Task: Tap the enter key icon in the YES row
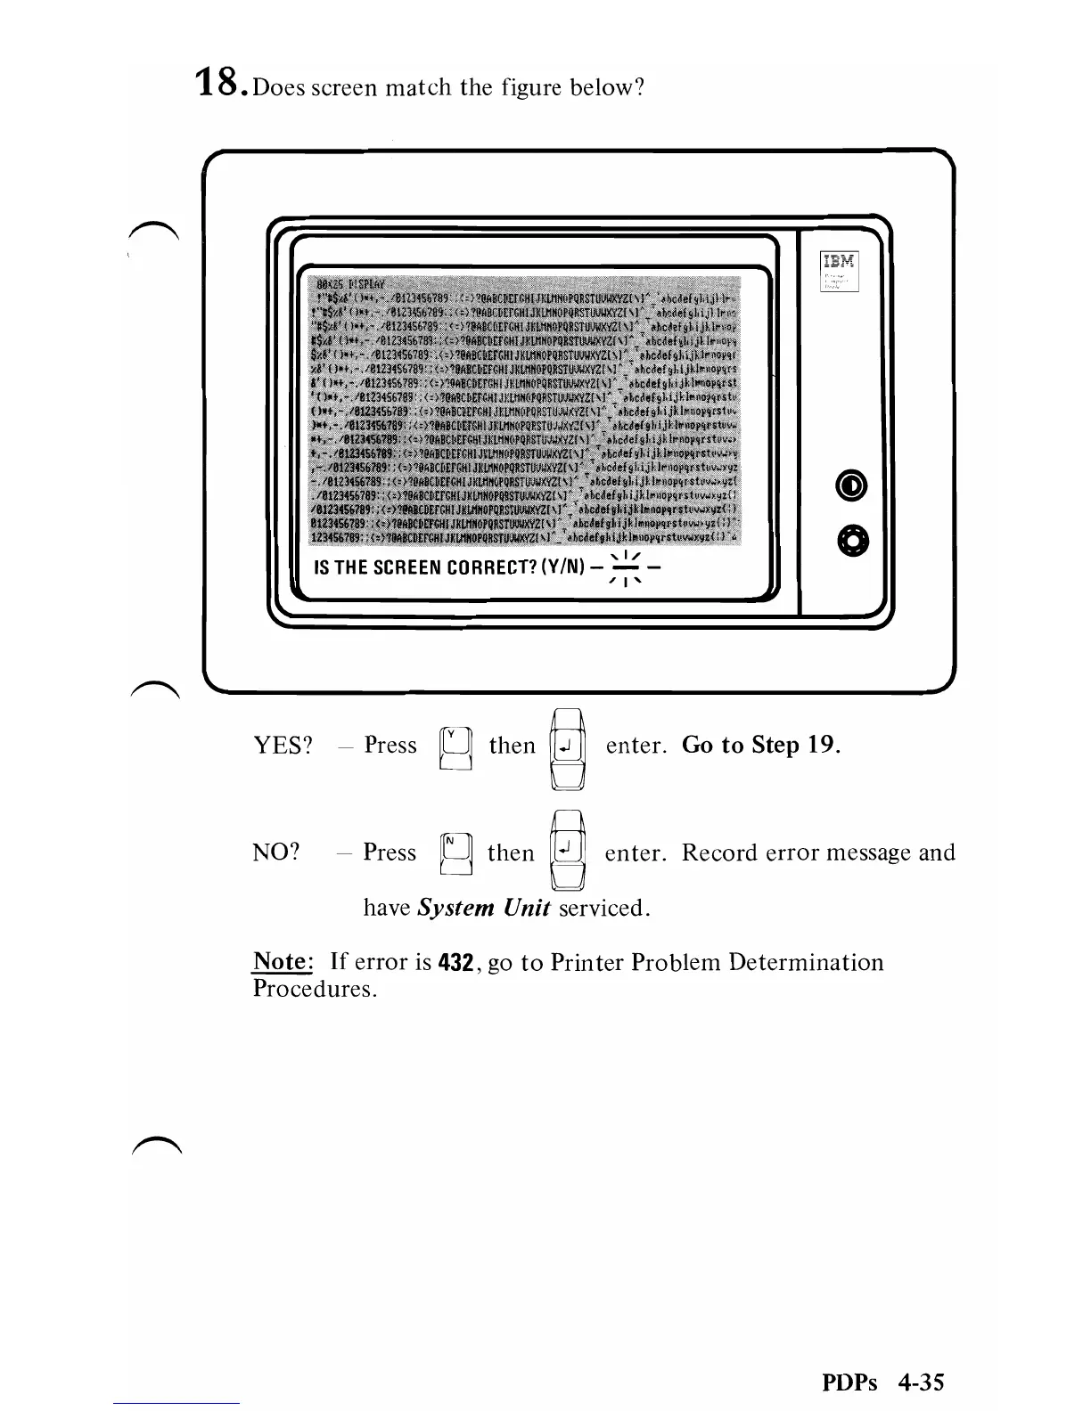point(567,746)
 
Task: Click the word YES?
point(283,746)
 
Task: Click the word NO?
point(276,852)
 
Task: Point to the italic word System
point(455,909)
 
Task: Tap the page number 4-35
point(921,1382)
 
